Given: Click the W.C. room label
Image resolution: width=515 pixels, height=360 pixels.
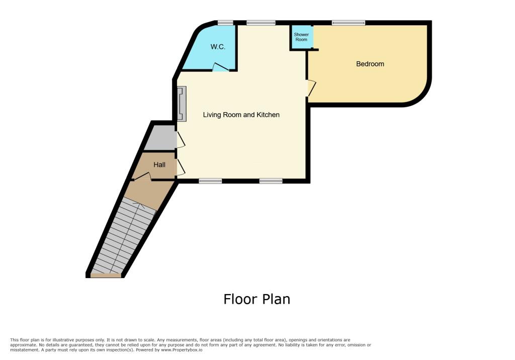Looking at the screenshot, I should pyautogui.click(x=218, y=47).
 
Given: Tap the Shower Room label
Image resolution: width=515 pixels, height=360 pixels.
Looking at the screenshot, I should pyautogui.click(x=301, y=37).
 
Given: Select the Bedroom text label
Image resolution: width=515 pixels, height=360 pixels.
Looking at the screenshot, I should pyautogui.click(x=370, y=64).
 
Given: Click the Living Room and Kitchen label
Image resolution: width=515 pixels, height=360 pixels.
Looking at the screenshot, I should pyautogui.click(x=241, y=115).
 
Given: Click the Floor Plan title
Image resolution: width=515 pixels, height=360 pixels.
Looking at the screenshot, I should pyautogui.click(x=256, y=299).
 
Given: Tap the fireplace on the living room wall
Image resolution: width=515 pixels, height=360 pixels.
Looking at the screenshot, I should pyautogui.click(x=181, y=104).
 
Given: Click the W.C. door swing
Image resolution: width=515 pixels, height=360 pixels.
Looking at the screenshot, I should pyautogui.click(x=220, y=66).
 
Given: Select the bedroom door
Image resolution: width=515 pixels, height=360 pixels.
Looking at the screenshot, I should pyautogui.click(x=311, y=88).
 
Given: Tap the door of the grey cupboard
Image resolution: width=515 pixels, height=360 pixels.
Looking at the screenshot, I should pyautogui.click(x=180, y=139).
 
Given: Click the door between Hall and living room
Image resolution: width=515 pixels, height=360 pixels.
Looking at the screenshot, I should pyautogui.click(x=180, y=166).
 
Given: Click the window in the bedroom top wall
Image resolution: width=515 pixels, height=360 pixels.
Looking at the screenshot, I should pyautogui.click(x=349, y=22).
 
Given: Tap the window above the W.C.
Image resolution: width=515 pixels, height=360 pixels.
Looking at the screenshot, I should pyautogui.click(x=225, y=22).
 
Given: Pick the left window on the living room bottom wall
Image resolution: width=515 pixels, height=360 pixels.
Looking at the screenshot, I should pyautogui.click(x=210, y=181).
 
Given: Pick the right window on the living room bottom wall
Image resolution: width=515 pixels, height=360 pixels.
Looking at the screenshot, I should pyautogui.click(x=271, y=181).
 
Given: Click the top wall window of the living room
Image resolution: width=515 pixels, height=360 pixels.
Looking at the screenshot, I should pyautogui.click(x=261, y=22).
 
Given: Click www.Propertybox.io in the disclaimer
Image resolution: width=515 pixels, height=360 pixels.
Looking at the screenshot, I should pyautogui.click(x=183, y=349).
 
